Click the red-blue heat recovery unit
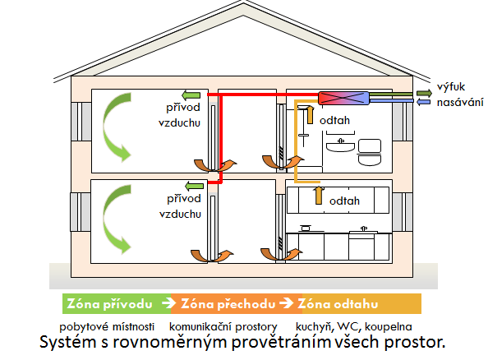(343, 98)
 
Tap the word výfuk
(451, 87)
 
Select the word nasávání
(460, 103)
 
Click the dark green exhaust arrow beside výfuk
(424, 93)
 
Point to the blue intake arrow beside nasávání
(423, 102)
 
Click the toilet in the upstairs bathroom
(370, 152)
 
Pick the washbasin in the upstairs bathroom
(340, 145)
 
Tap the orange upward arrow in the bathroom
(310, 114)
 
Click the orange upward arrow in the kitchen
(319, 196)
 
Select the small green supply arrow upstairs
(191, 95)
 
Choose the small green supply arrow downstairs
(194, 187)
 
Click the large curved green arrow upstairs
(117, 127)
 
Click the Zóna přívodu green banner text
(109, 303)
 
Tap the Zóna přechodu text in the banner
(228, 303)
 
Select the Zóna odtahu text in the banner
(338, 303)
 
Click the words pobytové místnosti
(107, 326)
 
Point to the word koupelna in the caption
(389, 326)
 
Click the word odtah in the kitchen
(344, 201)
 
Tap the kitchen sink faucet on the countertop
(363, 228)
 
